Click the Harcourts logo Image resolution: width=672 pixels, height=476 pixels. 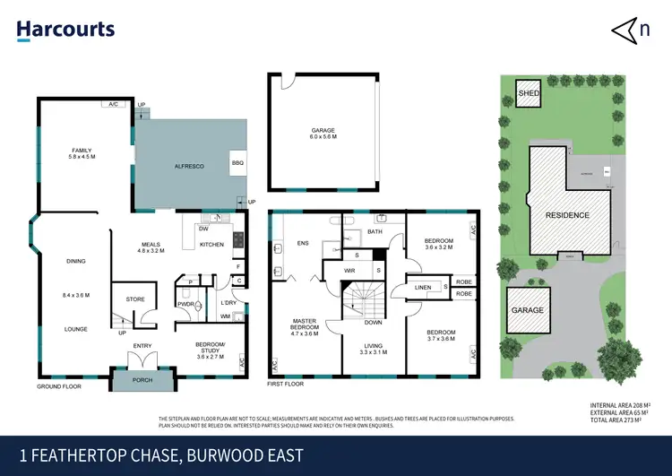tap(65, 30)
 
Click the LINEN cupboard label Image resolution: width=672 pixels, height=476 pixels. tap(423, 287)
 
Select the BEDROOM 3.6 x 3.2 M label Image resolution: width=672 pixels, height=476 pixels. tap(438, 244)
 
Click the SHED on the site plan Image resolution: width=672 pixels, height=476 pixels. tap(528, 92)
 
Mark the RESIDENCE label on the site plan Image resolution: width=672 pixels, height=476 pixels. tap(568, 215)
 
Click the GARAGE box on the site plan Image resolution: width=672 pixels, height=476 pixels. tap(528, 309)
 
